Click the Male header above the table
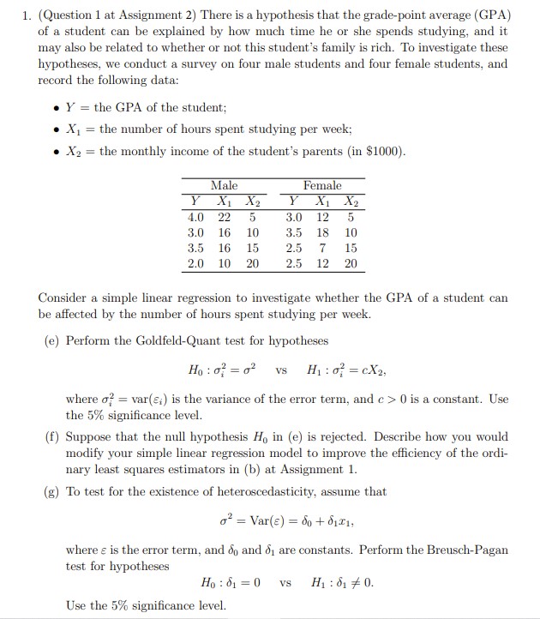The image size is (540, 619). (x=224, y=185)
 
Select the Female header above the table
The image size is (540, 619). (x=321, y=185)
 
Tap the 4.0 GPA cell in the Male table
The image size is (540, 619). (x=196, y=218)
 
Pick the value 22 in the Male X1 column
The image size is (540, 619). (x=225, y=218)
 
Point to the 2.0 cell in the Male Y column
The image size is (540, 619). (x=196, y=264)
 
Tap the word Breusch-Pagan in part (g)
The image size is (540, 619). (x=469, y=550)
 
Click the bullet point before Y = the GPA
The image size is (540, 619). (x=56, y=108)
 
